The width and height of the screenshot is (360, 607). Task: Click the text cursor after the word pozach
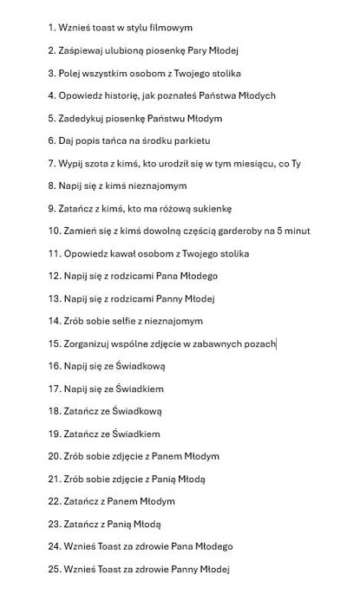(276, 343)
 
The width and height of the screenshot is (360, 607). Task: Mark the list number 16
(54, 366)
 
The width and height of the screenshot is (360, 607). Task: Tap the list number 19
(54, 434)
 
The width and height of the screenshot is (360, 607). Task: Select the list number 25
(54, 569)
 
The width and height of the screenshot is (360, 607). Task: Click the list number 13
(54, 298)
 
